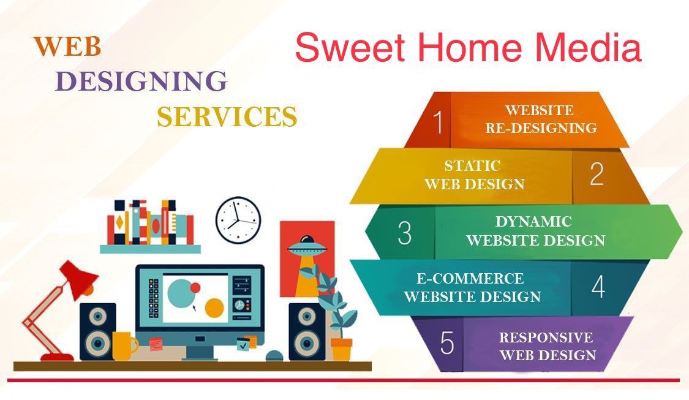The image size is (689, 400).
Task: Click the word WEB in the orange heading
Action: tap(67, 47)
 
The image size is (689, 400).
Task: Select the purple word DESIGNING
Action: tap(141, 81)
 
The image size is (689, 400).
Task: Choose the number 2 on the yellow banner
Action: tap(597, 174)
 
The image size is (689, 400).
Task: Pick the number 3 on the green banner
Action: tap(405, 233)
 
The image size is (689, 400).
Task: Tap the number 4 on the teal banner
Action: tap(598, 287)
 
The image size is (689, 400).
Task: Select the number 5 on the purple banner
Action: tap(447, 343)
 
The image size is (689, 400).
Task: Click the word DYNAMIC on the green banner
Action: tap(533, 222)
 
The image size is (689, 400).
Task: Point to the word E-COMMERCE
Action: tap(470, 278)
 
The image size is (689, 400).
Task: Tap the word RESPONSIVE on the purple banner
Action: tap(546, 337)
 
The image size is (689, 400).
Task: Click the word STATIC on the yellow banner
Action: tap(472, 166)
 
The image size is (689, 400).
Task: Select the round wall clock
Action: tap(238, 220)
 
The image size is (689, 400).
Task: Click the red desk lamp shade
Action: tap(78, 279)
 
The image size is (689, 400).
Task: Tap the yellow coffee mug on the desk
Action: tap(124, 346)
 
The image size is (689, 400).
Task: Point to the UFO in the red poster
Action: tap(307, 247)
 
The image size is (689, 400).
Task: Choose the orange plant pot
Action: tap(341, 349)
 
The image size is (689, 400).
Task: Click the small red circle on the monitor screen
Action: tap(195, 288)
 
